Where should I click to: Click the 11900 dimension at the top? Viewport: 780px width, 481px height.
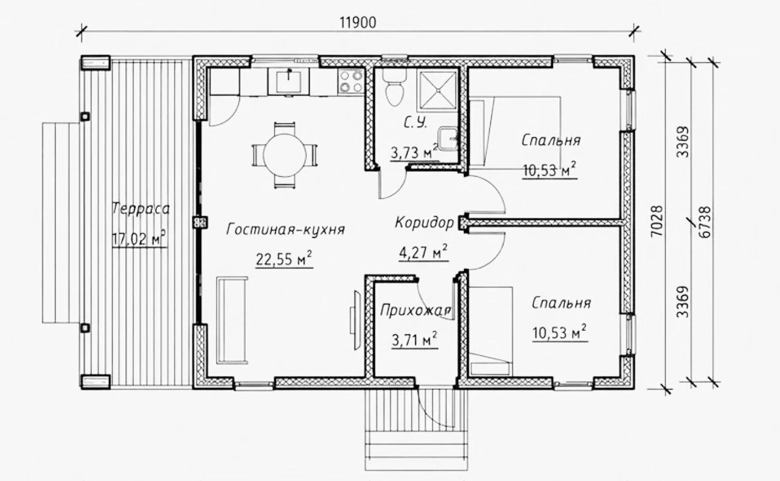click(x=358, y=23)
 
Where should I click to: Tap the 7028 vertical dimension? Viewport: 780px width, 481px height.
click(x=657, y=221)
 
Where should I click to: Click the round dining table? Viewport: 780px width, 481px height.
click(x=284, y=155)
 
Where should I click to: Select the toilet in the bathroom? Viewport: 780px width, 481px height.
click(x=394, y=87)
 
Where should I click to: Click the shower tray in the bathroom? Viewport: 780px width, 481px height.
click(x=438, y=90)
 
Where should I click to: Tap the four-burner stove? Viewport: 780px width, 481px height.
click(x=351, y=81)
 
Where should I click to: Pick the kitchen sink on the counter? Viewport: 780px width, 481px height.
click(x=289, y=81)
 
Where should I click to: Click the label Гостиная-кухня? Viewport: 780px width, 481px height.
click(x=286, y=229)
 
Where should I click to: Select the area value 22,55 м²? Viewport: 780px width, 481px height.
click(x=284, y=259)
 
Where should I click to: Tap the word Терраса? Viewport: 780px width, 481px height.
click(x=141, y=209)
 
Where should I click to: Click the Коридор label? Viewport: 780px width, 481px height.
click(x=424, y=223)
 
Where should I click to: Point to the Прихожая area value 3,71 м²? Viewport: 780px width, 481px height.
click(x=414, y=340)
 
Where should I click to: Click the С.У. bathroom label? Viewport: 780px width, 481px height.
click(x=415, y=123)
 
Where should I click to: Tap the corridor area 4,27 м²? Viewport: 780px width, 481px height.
click(x=423, y=252)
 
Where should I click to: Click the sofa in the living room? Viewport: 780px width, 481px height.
click(x=232, y=320)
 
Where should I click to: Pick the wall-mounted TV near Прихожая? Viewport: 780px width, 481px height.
click(x=357, y=320)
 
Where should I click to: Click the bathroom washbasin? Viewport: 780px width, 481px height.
click(x=448, y=138)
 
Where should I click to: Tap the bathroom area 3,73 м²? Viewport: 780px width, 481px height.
click(x=414, y=152)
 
